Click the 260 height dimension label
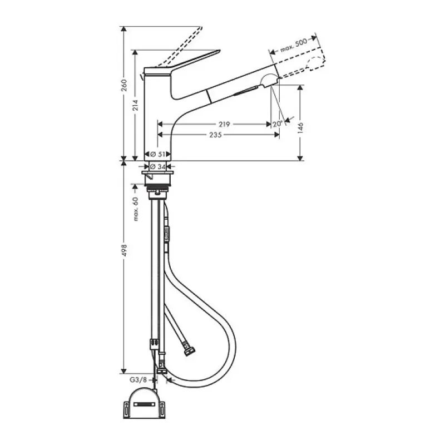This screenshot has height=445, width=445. coord(124,85)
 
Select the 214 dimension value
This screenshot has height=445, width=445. coord(135,105)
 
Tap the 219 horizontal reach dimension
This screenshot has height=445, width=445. coord(224,124)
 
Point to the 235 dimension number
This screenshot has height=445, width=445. coord(215,135)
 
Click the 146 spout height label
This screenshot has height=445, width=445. coord(300,128)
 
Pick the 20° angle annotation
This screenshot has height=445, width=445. coord(278,124)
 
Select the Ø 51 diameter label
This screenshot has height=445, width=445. coord(158,154)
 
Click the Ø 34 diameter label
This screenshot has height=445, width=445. coord(158,166)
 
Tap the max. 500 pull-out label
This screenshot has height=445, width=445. coord(294,45)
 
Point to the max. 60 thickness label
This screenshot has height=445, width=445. coord(135,209)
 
